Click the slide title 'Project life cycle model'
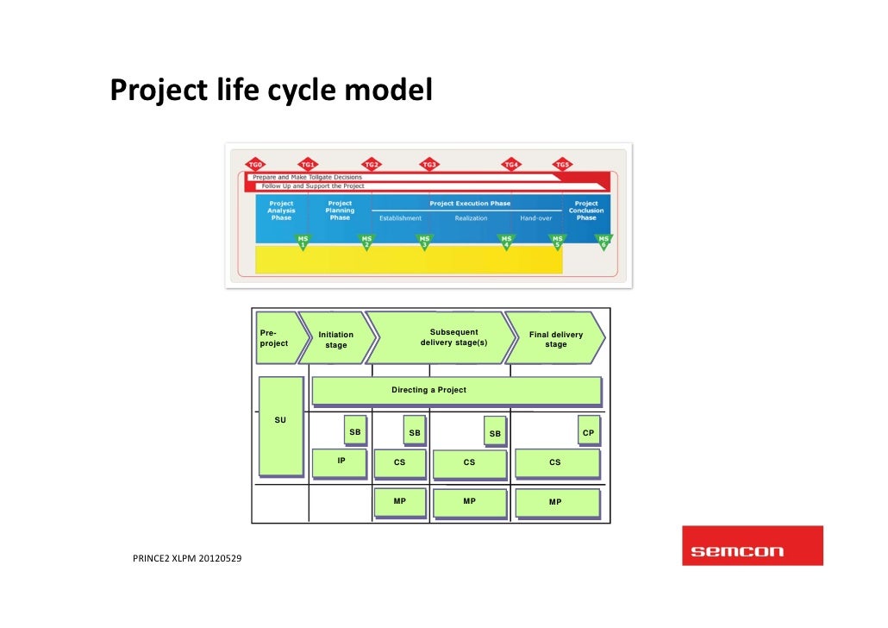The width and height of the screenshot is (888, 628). (271, 89)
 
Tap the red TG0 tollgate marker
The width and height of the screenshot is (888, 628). (255, 164)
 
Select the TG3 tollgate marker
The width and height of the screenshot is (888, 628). (428, 164)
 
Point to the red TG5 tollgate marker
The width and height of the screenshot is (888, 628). (562, 164)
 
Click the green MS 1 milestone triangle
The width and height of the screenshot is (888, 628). (303, 242)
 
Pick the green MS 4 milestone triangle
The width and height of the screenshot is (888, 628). (506, 242)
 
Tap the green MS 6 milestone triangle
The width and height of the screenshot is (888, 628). (603, 242)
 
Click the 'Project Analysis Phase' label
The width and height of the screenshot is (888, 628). (281, 210)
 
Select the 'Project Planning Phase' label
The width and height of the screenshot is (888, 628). (340, 210)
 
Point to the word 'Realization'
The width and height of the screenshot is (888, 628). (472, 218)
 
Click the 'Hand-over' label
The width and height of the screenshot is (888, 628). (535, 218)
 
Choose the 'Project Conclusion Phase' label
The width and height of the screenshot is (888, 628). (586, 210)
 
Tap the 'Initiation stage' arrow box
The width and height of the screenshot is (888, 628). (335, 339)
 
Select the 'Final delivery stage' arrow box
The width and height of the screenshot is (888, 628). (555, 339)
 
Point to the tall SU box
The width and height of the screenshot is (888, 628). (280, 426)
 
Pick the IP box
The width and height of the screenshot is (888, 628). (341, 462)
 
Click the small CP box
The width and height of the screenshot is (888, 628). (588, 432)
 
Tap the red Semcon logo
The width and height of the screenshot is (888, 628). (752, 546)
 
